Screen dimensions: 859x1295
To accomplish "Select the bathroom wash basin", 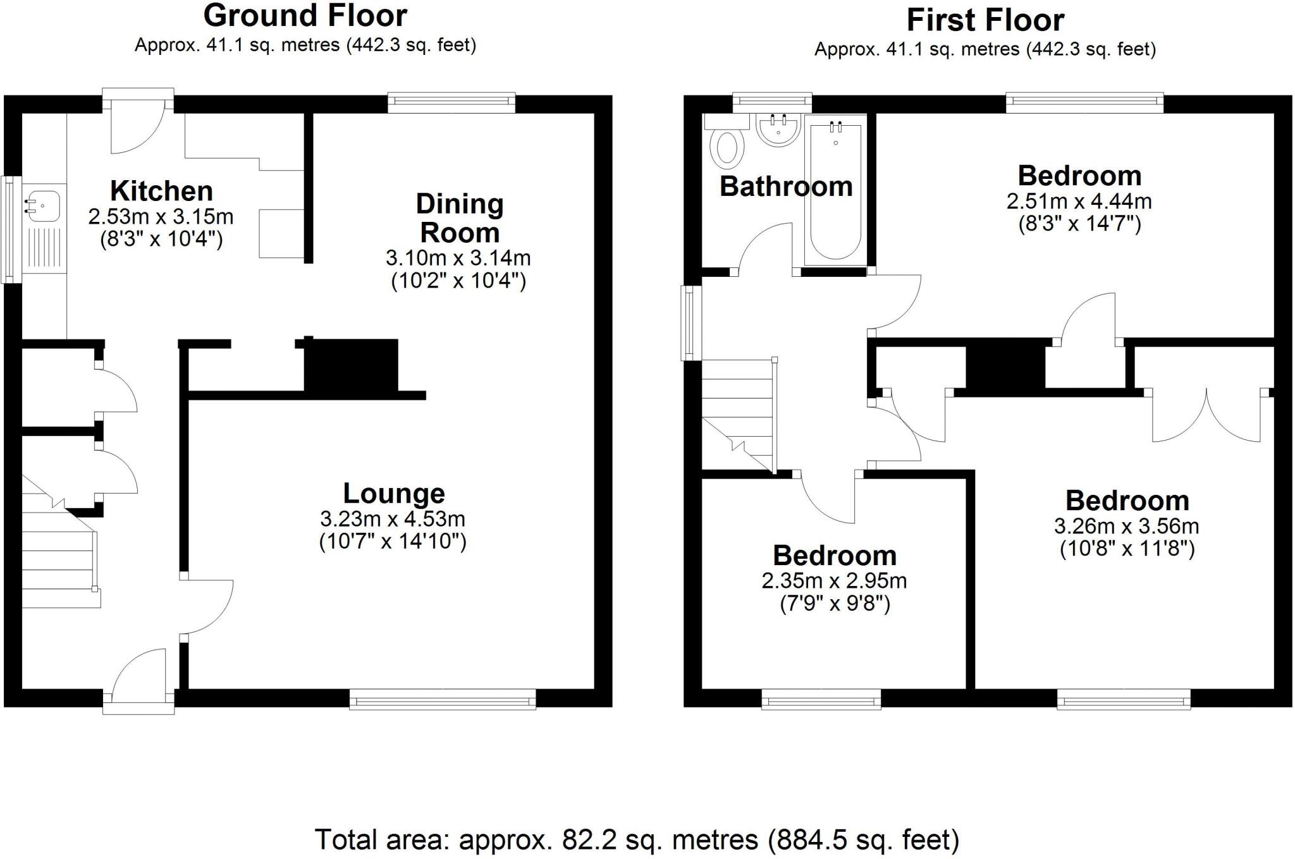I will (778, 130).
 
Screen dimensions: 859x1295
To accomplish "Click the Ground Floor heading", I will (305, 16).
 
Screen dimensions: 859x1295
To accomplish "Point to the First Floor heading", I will (985, 20).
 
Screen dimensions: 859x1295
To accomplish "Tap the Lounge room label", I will (393, 494).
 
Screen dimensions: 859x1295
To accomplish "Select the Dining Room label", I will (460, 218).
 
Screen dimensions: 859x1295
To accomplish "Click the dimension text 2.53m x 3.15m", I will (161, 217).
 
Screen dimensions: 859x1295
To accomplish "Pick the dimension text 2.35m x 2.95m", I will (834, 581).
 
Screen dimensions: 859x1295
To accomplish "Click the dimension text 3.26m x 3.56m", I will (1126, 526).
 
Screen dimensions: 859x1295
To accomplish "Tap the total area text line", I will (637, 840).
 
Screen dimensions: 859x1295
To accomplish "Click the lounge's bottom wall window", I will (443, 699).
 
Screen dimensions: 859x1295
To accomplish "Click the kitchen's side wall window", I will (9, 229).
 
